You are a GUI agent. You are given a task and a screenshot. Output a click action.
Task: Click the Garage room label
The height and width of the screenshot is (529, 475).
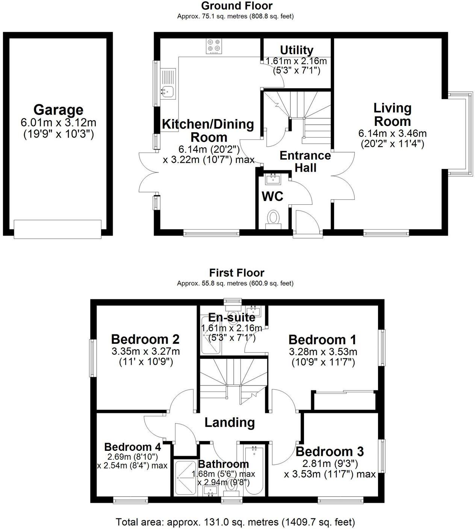pyautogui.click(x=58, y=110)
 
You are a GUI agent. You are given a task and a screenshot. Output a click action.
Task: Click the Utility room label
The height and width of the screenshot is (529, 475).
pyautogui.click(x=296, y=50)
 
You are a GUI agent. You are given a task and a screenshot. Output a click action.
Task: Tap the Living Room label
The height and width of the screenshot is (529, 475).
pyautogui.click(x=392, y=115)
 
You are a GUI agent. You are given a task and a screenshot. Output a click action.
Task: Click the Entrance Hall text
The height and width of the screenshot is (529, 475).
pyautogui.click(x=305, y=161)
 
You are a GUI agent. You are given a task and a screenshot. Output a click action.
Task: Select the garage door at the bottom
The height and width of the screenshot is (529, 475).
pyautogui.click(x=57, y=229)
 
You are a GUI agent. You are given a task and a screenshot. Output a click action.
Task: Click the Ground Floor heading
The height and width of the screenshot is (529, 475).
pyautogui.click(x=237, y=6)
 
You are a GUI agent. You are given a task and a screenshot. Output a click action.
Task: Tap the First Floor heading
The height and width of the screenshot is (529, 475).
pyautogui.click(x=237, y=272)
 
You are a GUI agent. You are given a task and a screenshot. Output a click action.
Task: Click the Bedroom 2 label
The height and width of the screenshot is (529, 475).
pyautogui.click(x=145, y=339)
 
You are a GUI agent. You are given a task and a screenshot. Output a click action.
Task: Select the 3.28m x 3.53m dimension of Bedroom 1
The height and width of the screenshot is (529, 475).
pyautogui.click(x=323, y=352)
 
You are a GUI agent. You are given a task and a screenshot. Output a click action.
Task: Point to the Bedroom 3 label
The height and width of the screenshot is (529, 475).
pyautogui.click(x=330, y=451)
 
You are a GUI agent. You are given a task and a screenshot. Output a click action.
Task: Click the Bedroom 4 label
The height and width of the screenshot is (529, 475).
pyautogui.click(x=133, y=447)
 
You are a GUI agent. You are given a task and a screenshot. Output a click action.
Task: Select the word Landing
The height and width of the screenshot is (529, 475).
pyautogui.click(x=230, y=422)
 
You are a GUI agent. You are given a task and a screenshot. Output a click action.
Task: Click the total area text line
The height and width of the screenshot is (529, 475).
pyautogui.click(x=235, y=522)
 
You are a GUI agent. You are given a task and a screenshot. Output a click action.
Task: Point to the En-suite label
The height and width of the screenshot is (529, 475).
pyautogui.click(x=232, y=317)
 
